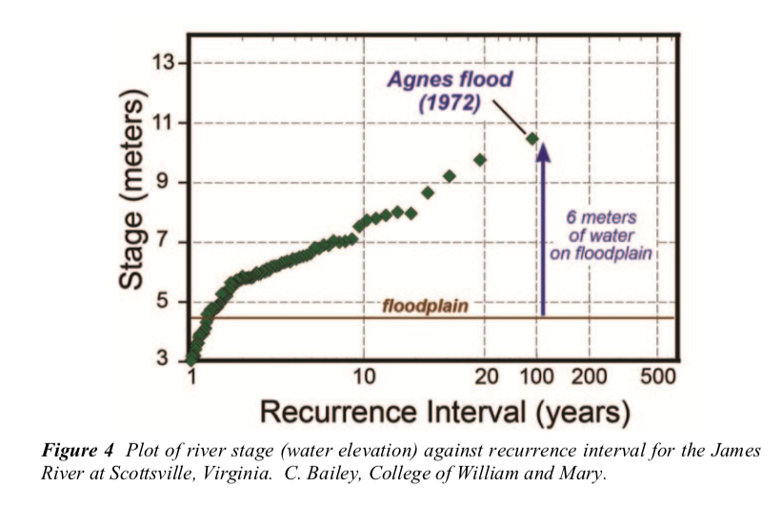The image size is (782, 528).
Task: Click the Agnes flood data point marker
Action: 533,139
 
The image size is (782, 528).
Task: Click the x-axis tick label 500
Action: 657,376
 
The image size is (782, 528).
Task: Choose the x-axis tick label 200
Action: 589,376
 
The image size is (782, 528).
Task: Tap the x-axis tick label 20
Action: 486,376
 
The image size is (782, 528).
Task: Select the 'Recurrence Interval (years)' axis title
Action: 445,412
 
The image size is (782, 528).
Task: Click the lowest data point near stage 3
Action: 192,358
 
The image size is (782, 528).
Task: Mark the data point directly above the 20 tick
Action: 480,159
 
